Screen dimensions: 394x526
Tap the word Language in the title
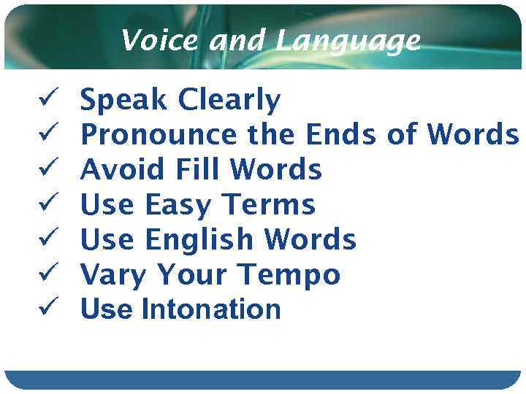tap(348, 42)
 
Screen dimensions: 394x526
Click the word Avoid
tap(123, 170)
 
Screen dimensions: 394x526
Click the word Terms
tap(268, 205)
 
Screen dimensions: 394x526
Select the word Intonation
tap(211, 309)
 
